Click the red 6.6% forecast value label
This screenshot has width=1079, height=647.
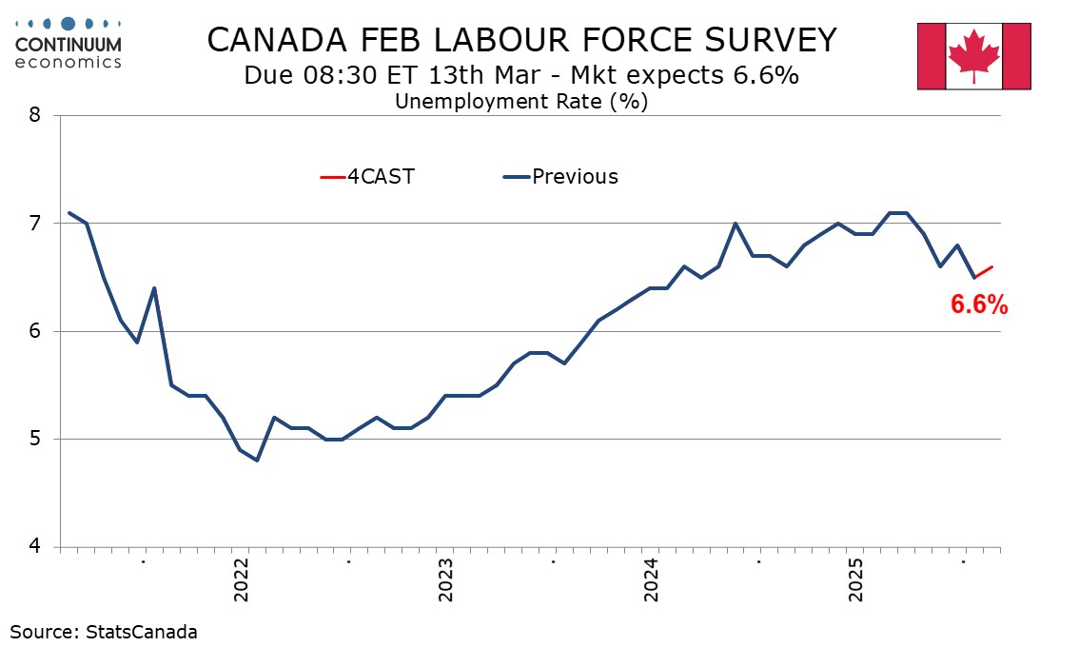[x=979, y=304]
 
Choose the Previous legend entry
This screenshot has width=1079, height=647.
[x=560, y=176]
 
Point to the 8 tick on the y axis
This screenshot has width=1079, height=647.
[x=35, y=115]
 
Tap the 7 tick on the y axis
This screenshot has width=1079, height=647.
[x=35, y=224]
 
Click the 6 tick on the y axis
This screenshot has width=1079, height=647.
[x=35, y=331]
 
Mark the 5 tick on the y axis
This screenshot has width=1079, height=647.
[x=35, y=440]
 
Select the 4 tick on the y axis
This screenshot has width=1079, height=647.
[x=35, y=547]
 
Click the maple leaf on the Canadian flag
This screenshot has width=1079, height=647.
[x=973, y=53]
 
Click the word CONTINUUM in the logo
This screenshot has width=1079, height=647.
[x=69, y=44]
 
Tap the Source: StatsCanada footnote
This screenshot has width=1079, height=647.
[x=104, y=631]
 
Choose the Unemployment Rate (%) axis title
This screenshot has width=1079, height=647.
[x=520, y=101]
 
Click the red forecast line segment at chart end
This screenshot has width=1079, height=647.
[x=985, y=272]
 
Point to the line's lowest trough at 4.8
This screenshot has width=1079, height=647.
[x=257, y=461]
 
